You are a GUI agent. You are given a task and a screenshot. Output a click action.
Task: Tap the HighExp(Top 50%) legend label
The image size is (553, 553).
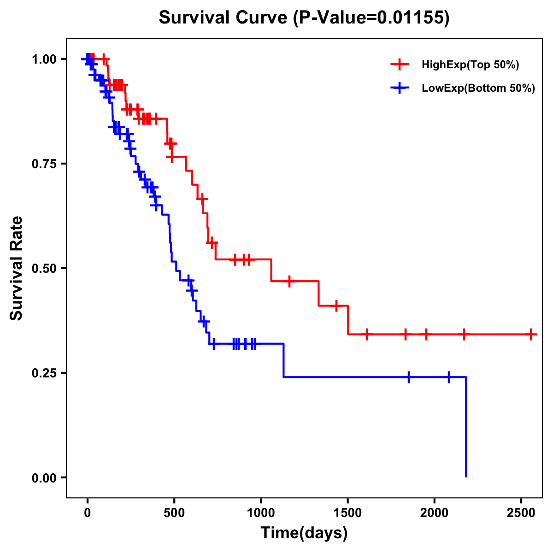click(470, 65)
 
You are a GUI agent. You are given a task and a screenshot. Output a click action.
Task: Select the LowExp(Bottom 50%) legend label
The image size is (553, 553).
click(478, 88)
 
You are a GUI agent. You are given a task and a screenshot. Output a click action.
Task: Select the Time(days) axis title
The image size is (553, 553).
click(304, 533)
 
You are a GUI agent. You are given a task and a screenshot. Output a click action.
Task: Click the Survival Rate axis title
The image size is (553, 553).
click(17, 268)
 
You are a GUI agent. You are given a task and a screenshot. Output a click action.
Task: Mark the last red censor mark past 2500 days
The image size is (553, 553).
click(531, 334)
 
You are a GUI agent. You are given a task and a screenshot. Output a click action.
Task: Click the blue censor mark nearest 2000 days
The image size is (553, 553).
click(448, 377)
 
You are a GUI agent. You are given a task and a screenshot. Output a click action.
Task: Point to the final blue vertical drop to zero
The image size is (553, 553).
click(466, 429)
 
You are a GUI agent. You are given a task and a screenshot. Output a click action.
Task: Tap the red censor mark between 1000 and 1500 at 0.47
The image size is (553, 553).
click(289, 281)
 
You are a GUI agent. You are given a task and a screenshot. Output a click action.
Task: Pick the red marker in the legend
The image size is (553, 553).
click(400, 65)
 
